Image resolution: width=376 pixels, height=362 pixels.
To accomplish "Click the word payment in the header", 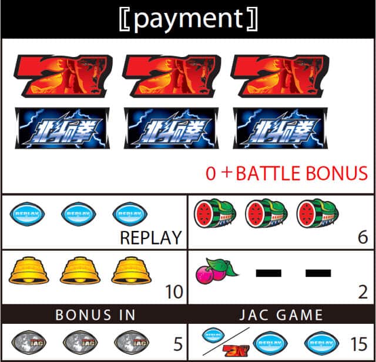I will pos(187,19).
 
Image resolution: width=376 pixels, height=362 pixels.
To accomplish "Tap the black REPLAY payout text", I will pos(150,238).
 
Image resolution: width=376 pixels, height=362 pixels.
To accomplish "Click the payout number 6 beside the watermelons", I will pos(362,237).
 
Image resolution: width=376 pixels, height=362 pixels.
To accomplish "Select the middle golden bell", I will pos(80,270).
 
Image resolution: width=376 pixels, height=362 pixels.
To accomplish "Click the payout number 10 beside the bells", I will pos(174,291).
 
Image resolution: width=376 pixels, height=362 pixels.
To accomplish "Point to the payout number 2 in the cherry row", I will pos(362,291).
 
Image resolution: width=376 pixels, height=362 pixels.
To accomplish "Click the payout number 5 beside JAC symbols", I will pos(178,344).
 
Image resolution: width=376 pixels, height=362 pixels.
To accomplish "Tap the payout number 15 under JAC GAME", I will pos(358,344).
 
